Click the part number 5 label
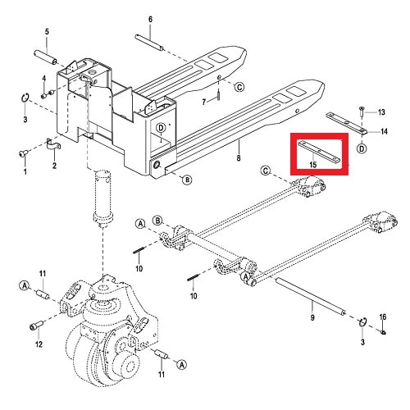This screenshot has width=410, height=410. point(47,32)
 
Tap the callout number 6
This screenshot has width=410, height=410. point(150,20)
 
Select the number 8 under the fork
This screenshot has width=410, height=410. point(239,158)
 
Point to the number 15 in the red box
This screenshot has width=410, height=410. point(313,165)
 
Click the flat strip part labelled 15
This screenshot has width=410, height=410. point(320,151)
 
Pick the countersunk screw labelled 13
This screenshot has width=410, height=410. point(362,112)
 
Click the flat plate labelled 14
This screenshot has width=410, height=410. point(347,123)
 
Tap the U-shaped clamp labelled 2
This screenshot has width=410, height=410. point(53,145)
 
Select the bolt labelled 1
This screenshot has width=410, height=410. point(22,154)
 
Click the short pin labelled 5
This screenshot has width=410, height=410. point(46,57)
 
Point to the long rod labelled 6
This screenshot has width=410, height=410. point(150,43)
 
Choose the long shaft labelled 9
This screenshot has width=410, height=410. point(311,297)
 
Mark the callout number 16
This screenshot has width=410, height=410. point(383,317)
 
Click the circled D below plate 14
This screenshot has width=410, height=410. point(362,148)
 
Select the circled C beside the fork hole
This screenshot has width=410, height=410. point(239,87)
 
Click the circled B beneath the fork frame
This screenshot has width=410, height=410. point(187,180)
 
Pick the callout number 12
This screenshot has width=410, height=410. point(39,344)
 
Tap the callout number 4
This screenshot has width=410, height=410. point(44,79)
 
